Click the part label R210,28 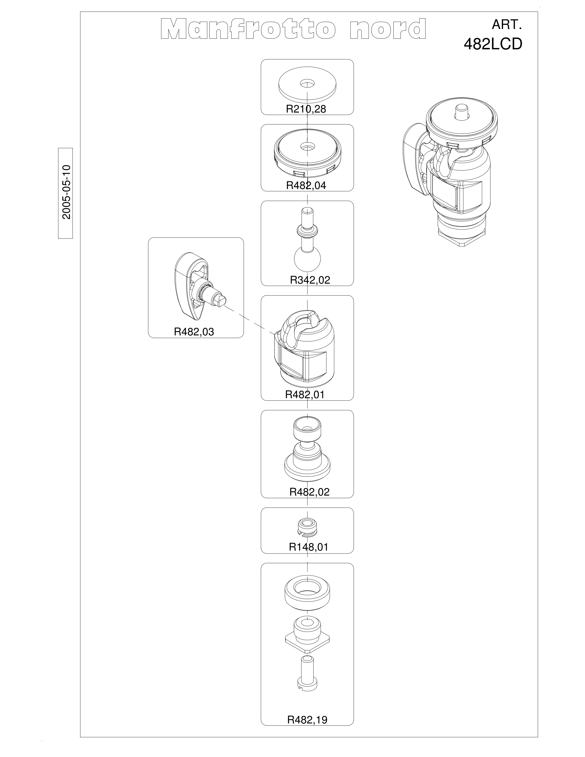tap(306, 109)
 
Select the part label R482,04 tap(306, 185)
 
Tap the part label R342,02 tap(310, 280)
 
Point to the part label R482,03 tap(194, 332)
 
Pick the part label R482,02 tap(309, 492)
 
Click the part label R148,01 tap(308, 547)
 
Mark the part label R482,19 tap(307, 717)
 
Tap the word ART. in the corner tap(507, 25)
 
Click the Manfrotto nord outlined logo tap(293, 29)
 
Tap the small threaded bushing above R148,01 tap(307, 530)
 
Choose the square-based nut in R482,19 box tap(307, 633)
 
